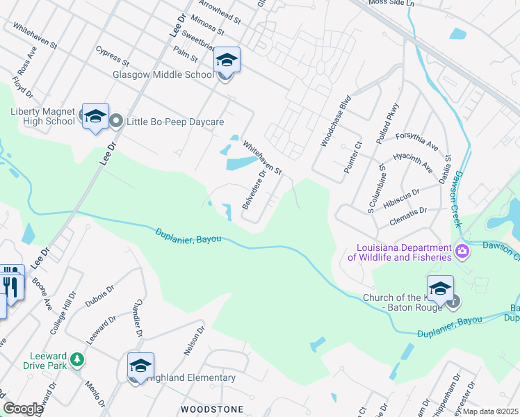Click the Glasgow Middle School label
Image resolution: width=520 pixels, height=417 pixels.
tap(163, 75)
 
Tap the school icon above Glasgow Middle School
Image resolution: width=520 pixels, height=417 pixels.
tap(227, 60)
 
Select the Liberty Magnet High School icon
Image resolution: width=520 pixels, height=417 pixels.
tap(95, 117)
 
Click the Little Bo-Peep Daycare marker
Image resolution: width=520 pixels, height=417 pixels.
tap(116, 122)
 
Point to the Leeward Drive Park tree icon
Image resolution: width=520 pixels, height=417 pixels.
tap(79, 359)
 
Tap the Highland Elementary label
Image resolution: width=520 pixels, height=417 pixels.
tap(192, 378)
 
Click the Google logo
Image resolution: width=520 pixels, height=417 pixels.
tap(23, 409)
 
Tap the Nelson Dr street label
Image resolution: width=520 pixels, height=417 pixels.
tap(195, 341)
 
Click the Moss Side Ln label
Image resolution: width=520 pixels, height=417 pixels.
tap(391, 3)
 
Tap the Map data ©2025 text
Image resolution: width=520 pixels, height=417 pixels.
tap(491, 411)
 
